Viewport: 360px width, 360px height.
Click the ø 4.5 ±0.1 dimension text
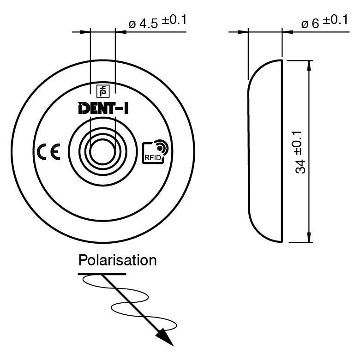tap(157, 21)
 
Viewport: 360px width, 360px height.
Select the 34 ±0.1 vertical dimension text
tap(300, 151)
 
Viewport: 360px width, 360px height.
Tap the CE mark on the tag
tap(48, 152)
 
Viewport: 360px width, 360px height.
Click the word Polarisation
tap(117, 260)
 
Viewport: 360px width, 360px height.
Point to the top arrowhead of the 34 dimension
tap(309, 65)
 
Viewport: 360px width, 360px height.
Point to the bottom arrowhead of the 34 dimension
tap(309, 237)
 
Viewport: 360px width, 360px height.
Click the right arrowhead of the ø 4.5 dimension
tap(120, 32)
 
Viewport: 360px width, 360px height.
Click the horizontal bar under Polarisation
tap(102, 274)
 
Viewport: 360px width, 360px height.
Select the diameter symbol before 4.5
tap(132, 24)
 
